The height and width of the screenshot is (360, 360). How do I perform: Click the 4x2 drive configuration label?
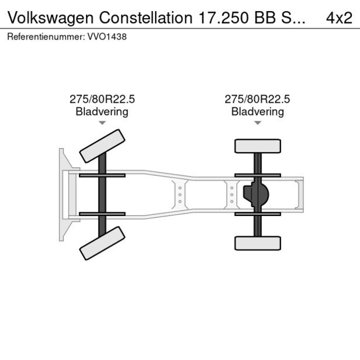pyautogui.click(x=339, y=17)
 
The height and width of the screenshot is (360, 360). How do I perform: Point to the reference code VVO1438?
pyautogui.click(x=107, y=37)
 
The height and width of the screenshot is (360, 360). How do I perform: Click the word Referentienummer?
pyautogui.click(x=46, y=37)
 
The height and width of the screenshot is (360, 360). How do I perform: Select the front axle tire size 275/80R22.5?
pyautogui.click(x=102, y=99)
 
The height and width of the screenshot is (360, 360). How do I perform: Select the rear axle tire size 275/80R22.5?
pyautogui.click(x=257, y=99)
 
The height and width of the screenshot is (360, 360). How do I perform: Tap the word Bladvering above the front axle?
pyautogui.click(x=102, y=111)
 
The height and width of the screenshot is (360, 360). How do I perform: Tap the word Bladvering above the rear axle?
pyautogui.click(x=257, y=111)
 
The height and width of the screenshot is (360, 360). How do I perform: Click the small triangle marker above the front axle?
pyautogui.click(x=102, y=123)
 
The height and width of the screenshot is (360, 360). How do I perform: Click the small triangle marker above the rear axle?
pyautogui.click(x=257, y=123)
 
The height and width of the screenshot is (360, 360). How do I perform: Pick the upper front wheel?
pyautogui.click(x=103, y=146)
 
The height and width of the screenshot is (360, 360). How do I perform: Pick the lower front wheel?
pyautogui.click(x=103, y=243)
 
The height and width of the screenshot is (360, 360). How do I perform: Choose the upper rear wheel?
pyautogui.click(x=257, y=146)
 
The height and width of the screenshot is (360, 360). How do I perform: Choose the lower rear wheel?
pyautogui.click(x=257, y=243)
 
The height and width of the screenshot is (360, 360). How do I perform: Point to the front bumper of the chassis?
pyautogui.click(x=62, y=195)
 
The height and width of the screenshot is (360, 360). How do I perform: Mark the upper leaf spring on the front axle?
pyautogui.click(x=102, y=175)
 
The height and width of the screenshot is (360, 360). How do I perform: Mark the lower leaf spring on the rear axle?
pyautogui.click(x=257, y=214)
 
